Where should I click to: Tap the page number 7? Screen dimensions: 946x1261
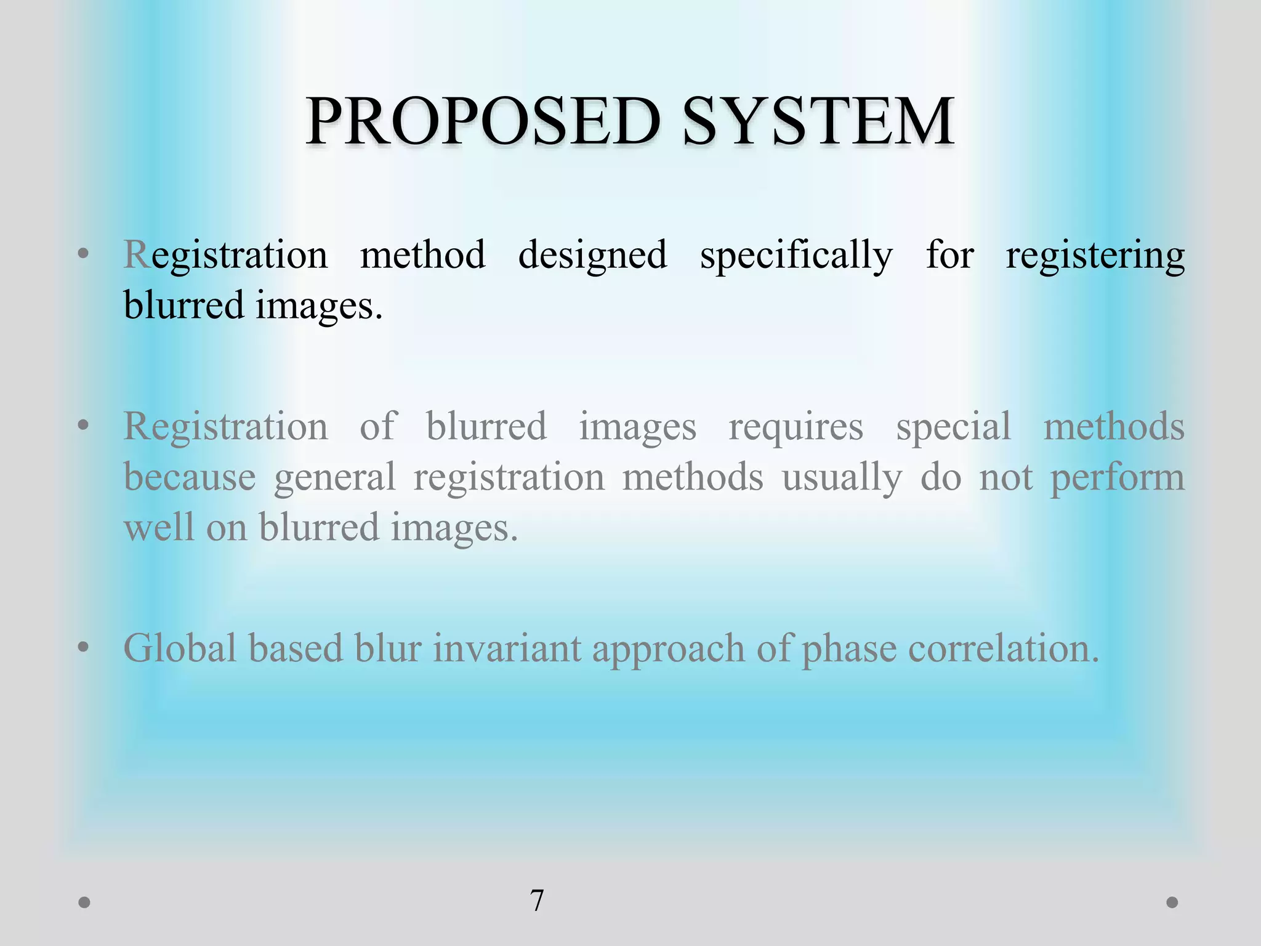[537, 901]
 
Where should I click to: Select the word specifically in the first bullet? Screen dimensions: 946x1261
[796, 256]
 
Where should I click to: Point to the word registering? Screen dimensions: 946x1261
[1095, 256]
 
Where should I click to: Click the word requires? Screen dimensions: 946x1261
[796, 427]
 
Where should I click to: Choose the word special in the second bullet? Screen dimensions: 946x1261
[953, 426]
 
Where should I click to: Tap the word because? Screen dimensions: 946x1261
[190, 477]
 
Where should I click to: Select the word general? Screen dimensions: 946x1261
[334, 478]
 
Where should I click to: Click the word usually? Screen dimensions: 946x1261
[842, 478]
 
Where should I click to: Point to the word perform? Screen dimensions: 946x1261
[1117, 478]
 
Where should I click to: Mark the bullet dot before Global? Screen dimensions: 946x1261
[84, 647]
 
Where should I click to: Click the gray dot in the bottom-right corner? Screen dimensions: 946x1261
[1172, 902]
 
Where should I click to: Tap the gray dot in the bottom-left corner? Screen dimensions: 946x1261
[85, 902]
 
